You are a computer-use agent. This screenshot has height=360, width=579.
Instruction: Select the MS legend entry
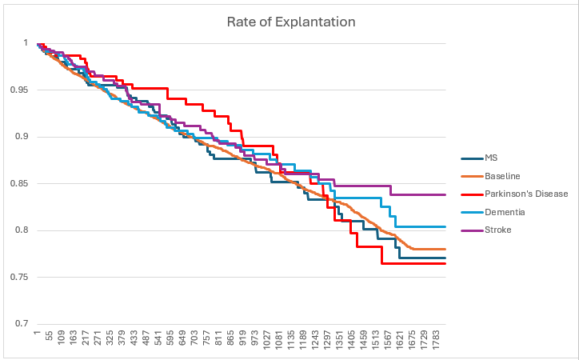pyautogui.click(x=492, y=158)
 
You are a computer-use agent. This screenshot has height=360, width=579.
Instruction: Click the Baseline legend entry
pyautogui.click(x=503, y=175)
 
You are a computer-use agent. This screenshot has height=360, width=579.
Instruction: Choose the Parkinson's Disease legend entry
pyautogui.click(x=526, y=194)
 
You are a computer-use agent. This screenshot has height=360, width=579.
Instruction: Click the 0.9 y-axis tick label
pyautogui.click(x=22, y=137)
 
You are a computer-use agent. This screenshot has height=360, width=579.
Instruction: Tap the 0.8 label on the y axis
pyautogui.click(x=22, y=230)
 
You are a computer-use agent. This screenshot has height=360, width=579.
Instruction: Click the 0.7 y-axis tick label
pyautogui.click(x=22, y=324)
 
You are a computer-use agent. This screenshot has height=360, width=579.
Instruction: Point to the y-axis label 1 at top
pyautogui.click(x=26, y=43)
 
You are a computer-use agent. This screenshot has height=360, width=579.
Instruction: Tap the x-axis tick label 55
pyautogui.click(x=50, y=339)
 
